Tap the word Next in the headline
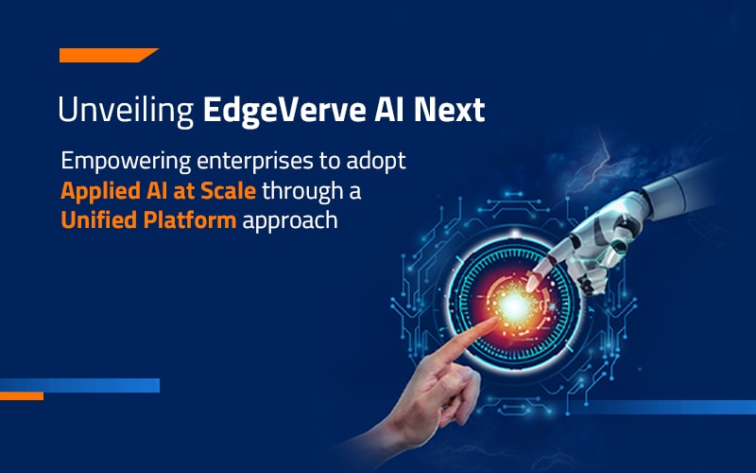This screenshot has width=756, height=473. coord(450,110)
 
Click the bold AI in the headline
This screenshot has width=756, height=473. coord(389,110)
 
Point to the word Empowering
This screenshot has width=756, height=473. coord(126,162)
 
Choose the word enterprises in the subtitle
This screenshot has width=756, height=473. coord(255,162)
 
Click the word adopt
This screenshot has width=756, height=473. coord(376,162)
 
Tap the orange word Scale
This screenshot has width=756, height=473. coord(228,191)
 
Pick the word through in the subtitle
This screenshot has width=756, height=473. coord(302,192)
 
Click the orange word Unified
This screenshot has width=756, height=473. coord(98,220)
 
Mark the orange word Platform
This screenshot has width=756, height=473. coord(190,220)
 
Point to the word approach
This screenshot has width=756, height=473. coord(290,222)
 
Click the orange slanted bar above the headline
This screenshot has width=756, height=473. coord(109,55)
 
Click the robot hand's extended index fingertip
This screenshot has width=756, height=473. coord(531,285)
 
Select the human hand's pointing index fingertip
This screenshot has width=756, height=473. coord(492,322)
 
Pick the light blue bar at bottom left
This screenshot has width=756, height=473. coord(79,385)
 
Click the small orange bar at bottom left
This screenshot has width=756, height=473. coord(22,396)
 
